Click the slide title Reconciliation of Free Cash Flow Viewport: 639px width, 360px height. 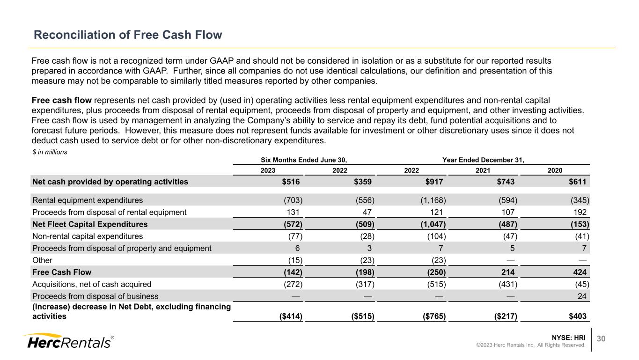coord(127,35)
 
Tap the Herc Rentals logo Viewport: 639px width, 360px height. coord(68,341)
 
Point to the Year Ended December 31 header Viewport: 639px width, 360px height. coord(483,160)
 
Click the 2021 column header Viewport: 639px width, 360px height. coord(483,171)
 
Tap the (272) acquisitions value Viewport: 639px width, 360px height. coord(294,284)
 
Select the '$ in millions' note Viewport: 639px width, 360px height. coord(50,152)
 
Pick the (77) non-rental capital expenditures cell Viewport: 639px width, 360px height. coord(294,236)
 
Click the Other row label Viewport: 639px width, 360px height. coord(42,260)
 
